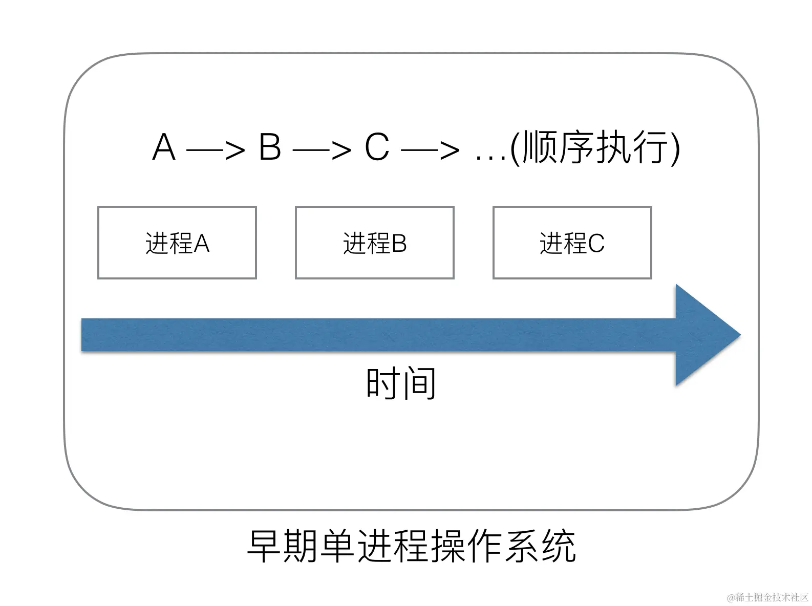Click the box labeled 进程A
(x=177, y=243)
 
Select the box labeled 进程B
(x=374, y=243)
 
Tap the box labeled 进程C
(x=572, y=243)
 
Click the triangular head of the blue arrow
(x=704, y=335)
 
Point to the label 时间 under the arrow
(x=400, y=383)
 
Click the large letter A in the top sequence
(x=164, y=147)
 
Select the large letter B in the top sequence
(x=270, y=147)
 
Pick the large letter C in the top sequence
(x=377, y=147)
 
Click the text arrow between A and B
(x=216, y=150)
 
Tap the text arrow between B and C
(x=322, y=150)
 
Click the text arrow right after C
(x=430, y=150)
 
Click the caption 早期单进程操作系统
(x=411, y=547)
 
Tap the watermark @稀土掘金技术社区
(x=766, y=597)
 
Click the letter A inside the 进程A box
(x=202, y=243)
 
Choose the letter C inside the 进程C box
(x=596, y=243)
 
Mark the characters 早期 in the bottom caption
(x=283, y=547)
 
